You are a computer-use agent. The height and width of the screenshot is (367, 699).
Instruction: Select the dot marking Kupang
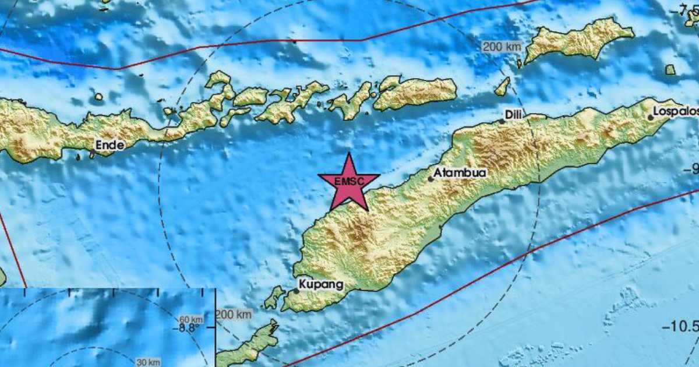tap(296, 290)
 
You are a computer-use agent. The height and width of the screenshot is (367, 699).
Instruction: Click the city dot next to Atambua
tap(431, 179)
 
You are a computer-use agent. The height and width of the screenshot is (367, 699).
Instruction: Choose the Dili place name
tap(513, 115)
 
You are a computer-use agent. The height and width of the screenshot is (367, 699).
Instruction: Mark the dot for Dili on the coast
tap(502, 122)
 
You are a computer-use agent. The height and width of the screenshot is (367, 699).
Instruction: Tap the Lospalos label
tap(676, 111)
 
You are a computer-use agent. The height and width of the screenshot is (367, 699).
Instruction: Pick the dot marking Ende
tap(92, 152)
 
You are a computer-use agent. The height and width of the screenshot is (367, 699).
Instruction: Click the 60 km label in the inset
tap(191, 319)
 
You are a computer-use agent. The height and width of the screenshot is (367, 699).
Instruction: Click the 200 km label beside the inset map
tap(234, 315)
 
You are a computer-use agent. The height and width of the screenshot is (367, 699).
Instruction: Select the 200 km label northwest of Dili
tap(501, 47)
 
